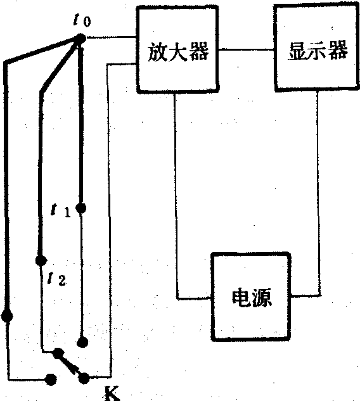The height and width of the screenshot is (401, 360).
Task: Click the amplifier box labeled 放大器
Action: coord(177,49)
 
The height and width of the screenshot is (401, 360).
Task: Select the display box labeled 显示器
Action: coord(316,48)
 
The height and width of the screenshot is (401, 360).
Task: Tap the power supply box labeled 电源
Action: coord(251,296)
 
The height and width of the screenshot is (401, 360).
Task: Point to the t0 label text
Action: coord(82,20)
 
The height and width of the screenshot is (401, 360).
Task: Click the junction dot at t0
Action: coord(81,39)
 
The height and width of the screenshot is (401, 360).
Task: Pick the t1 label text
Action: coord(60,210)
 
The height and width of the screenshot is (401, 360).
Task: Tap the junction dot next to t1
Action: coord(81,208)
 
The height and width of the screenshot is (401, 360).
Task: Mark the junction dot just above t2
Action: coord(41,260)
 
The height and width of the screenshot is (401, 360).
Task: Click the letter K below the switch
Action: coord(112,393)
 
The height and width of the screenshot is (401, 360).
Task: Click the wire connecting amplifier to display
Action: coord(246,49)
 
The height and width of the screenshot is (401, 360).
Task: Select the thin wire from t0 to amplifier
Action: coord(111,38)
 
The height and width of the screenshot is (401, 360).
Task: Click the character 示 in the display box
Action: coord(318,50)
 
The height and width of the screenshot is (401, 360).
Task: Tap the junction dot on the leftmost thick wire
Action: coord(7,316)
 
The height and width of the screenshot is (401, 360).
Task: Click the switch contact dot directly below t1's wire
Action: coord(82,342)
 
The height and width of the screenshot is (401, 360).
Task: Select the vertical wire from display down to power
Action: coord(318,193)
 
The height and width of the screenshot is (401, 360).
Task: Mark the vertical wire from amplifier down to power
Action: coord(176,195)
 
